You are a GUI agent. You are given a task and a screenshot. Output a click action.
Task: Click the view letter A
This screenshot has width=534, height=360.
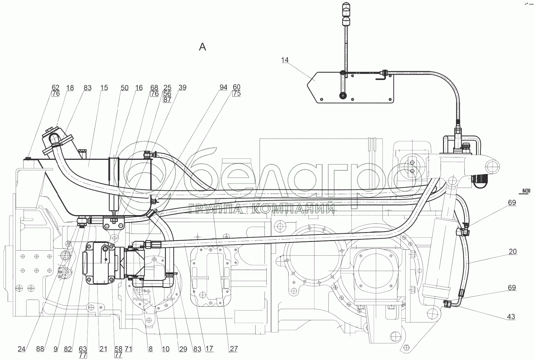[203, 47]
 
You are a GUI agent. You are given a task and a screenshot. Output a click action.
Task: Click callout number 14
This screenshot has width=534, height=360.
[285, 60]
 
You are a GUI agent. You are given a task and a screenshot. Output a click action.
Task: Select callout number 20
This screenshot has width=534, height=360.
[512, 252]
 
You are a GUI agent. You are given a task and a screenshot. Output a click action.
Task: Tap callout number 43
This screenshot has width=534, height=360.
[511, 317]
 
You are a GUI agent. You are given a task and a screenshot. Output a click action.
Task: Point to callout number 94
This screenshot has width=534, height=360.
[223, 87]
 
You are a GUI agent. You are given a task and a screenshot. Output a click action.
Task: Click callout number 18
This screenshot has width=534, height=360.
[70, 88]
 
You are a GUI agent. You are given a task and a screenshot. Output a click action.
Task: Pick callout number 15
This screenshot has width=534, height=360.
[104, 88]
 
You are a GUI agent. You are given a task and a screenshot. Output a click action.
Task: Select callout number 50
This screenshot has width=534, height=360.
[124, 88]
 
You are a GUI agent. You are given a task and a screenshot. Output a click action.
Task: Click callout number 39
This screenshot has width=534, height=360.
[183, 88]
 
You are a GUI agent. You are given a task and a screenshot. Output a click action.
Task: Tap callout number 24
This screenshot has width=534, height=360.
[21, 349]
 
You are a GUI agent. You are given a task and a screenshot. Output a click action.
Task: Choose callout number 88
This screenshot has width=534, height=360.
[40, 349]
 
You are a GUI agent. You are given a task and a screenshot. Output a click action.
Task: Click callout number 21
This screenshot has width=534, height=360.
[103, 349]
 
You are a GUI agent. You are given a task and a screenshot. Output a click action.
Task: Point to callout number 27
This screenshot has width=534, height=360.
[234, 349]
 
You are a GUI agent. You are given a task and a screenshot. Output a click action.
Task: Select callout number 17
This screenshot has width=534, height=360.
[209, 349]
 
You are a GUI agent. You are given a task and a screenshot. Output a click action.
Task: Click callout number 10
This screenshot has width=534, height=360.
[166, 349]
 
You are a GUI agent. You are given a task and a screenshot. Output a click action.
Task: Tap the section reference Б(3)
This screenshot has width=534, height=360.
[526, 191]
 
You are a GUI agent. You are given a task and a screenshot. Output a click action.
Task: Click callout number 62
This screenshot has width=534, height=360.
[55, 88]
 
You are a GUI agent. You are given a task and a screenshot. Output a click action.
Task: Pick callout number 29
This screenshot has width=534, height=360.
[183, 349]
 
